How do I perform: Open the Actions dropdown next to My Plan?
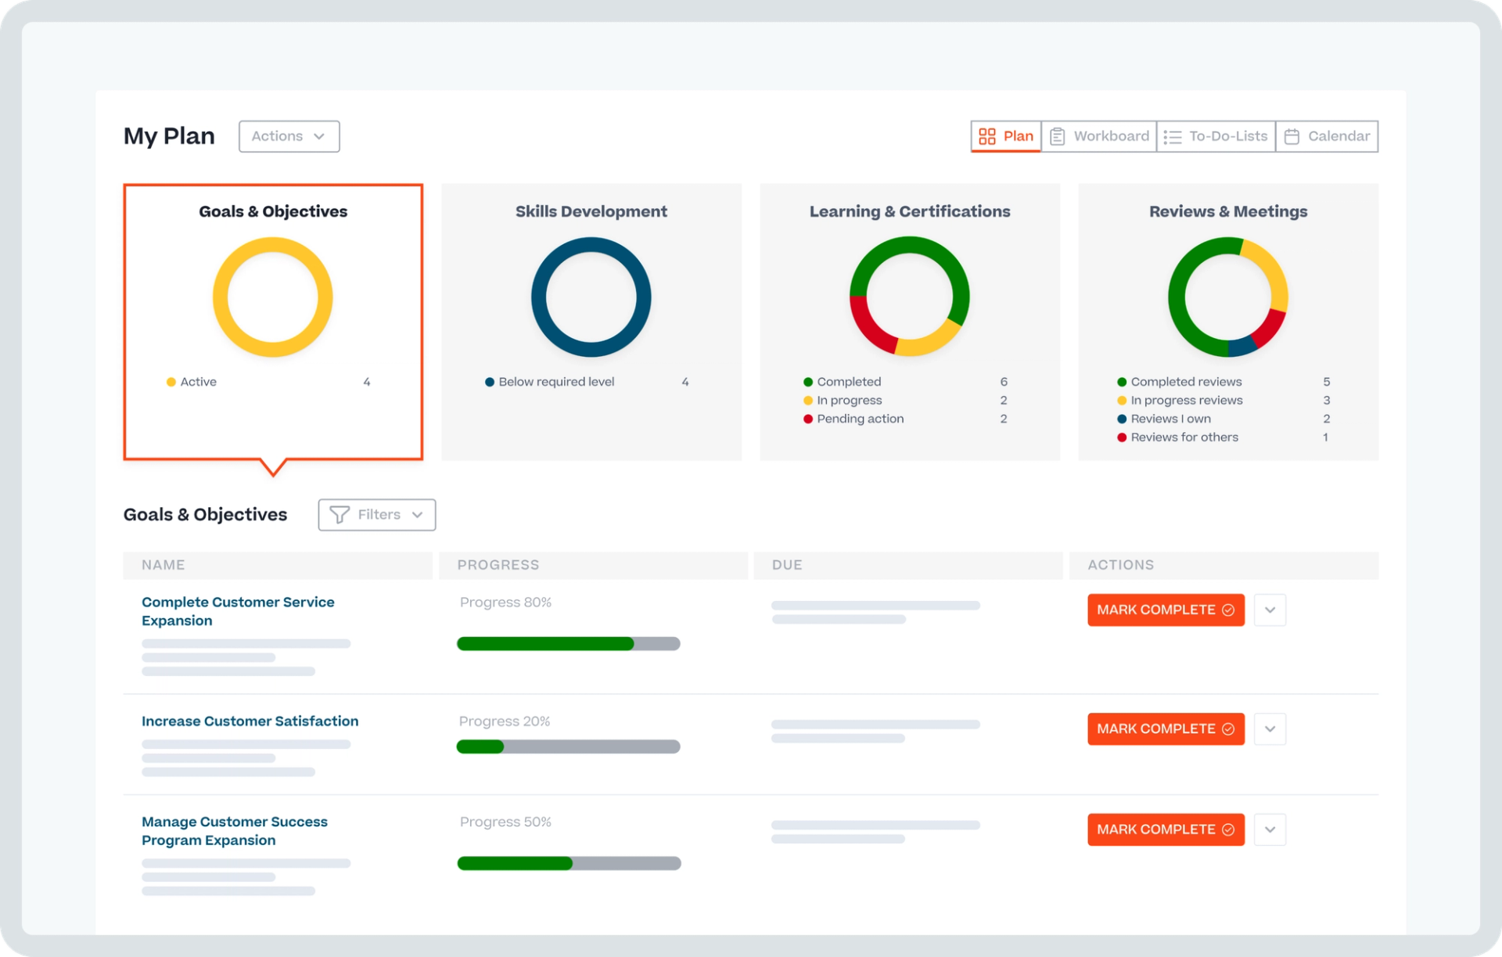pos(289,136)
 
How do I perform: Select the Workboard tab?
pos(1098,136)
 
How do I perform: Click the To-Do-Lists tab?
pos(1216,136)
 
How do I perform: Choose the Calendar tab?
pos(1327,136)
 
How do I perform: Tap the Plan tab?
pos(1006,136)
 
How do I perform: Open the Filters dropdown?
pos(376,515)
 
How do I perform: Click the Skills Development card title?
pos(591,211)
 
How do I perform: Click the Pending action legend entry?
pos(860,419)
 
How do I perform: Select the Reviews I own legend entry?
pos(1170,419)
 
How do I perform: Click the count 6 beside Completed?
pos(1003,382)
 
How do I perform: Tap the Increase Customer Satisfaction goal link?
pos(250,721)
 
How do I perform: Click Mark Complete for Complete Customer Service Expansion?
pos(1165,610)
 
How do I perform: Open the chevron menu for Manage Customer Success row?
pos(1269,829)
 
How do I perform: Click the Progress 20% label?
pos(504,721)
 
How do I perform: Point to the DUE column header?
pos(786,565)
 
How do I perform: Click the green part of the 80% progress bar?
pos(544,644)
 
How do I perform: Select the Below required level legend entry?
pos(555,382)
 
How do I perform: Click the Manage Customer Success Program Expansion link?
pos(234,830)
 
